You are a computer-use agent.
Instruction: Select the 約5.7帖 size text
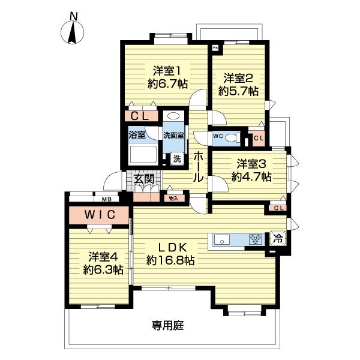238,92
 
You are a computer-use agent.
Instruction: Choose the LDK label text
170,247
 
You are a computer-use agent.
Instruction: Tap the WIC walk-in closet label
98,214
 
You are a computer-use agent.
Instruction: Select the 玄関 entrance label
144,178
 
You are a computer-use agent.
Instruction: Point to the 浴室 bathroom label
137,135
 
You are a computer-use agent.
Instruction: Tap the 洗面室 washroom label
173,135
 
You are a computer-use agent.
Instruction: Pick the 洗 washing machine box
176,159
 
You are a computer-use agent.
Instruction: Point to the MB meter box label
106,199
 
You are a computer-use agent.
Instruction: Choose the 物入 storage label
173,198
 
